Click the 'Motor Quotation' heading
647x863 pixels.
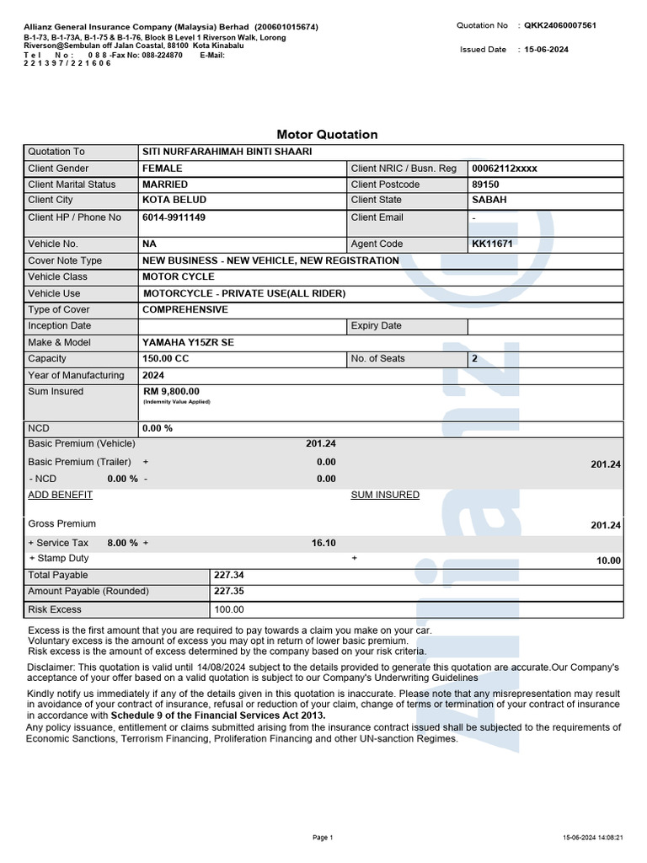tap(327, 135)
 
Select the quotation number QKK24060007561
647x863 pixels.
tap(562, 26)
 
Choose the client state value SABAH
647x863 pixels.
tap(490, 201)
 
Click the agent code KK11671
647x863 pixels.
tap(493, 244)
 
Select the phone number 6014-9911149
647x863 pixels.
tap(174, 217)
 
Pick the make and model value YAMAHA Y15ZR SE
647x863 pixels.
tap(189, 343)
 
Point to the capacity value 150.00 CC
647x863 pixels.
tap(166, 359)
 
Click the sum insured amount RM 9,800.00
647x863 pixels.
tap(172, 392)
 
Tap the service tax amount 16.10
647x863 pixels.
tap(323, 544)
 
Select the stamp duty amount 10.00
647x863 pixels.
tap(608, 560)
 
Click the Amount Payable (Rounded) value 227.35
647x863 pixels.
tap(229, 592)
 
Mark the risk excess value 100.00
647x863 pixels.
tap(229, 609)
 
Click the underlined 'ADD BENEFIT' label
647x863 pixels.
tap(61, 496)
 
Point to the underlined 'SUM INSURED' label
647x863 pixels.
tap(385, 496)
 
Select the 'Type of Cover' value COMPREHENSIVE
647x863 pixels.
tap(185, 310)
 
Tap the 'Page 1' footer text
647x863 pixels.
tap(323, 838)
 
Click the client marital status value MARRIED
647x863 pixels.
tap(165, 185)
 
